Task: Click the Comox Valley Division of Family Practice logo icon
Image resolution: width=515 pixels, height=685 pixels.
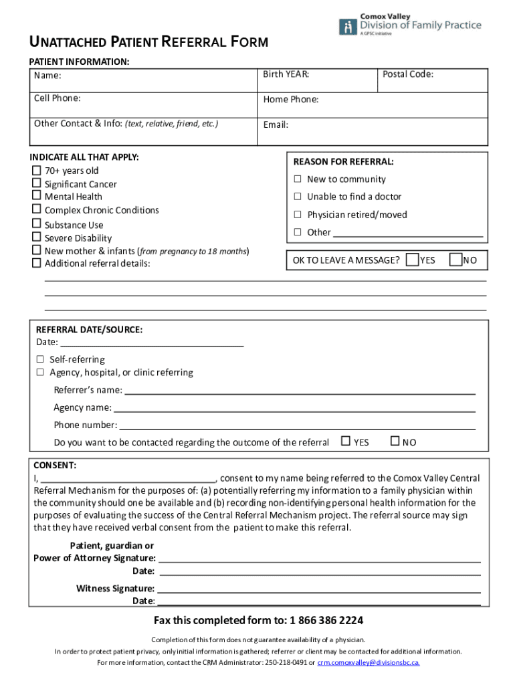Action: tap(348, 27)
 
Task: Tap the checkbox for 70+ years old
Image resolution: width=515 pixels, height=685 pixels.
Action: tap(36, 171)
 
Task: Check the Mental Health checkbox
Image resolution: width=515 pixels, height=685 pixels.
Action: tap(36, 196)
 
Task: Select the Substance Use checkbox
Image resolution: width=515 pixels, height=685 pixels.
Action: tap(36, 225)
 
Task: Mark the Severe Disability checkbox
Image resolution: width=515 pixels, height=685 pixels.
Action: tap(36, 237)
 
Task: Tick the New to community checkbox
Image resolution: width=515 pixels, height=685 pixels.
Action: tap(298, 179)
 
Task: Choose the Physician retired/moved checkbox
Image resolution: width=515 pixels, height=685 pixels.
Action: tap(298, 215)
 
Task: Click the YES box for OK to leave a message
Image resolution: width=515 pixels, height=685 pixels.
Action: tap(413, 259)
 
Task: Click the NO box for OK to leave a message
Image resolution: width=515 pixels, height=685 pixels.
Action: tap(456, 259)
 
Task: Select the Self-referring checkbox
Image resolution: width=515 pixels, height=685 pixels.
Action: tap(40, 359)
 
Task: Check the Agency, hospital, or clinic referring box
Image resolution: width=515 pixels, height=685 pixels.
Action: tap(40, 372)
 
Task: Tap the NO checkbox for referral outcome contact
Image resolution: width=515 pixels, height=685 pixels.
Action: tap(395, 441)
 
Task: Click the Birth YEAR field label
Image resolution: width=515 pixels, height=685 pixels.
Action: tap(286, 74)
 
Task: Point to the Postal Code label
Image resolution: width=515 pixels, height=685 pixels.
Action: tap(407, 74)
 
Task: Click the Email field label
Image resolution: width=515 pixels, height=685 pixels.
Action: tap(276, 124)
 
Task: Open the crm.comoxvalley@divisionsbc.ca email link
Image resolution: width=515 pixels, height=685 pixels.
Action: tap(369, 662)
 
